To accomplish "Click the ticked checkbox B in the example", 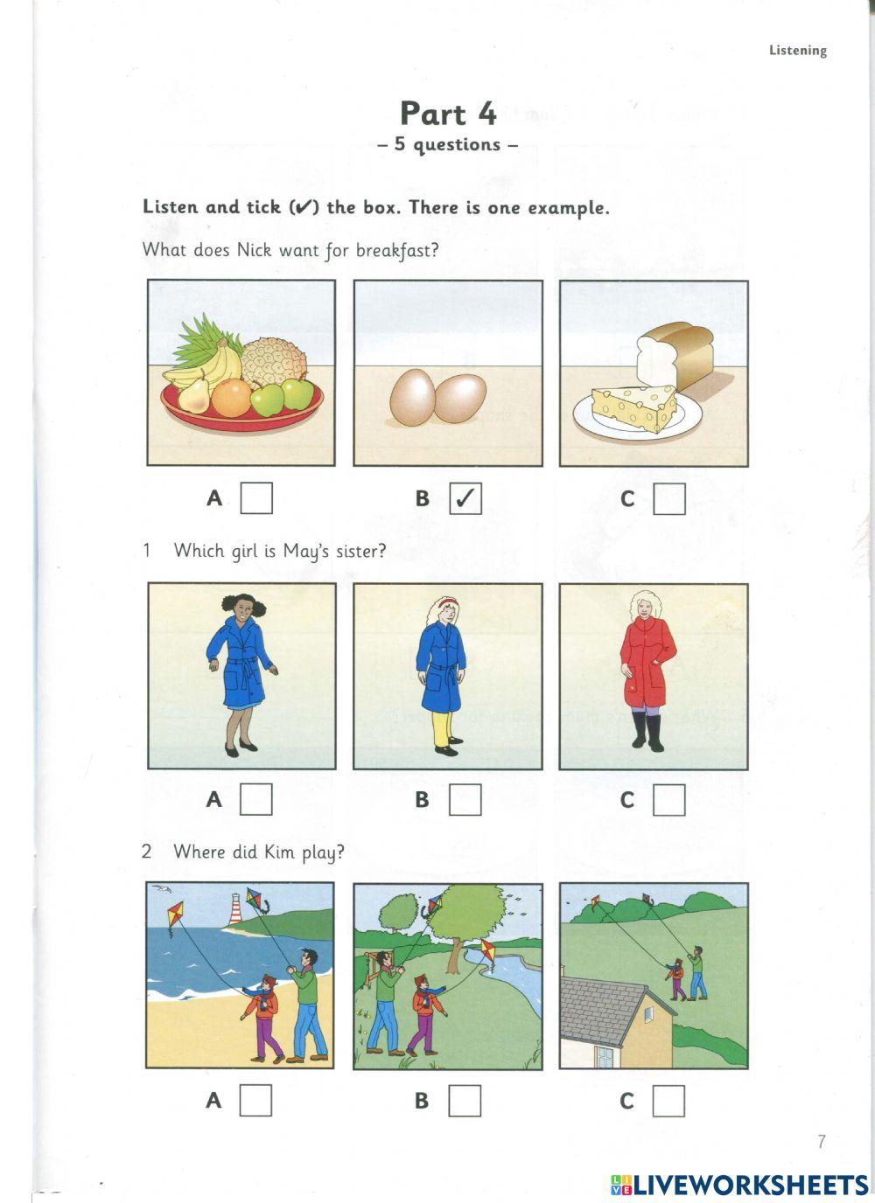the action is coord(465,498).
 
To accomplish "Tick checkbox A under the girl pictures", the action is coord(255,799).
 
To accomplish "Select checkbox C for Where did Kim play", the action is coord(669,1101).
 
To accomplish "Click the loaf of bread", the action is coord(675,354).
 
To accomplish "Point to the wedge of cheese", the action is coord(634,408).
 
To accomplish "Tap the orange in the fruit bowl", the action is coord(231,398).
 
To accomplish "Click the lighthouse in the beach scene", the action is coord(235,908).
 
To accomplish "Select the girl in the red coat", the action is coord(647,671).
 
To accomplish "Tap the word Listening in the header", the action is coord(798,51).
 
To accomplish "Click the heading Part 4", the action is coord(448,114).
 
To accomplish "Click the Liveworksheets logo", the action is coord(739,1185).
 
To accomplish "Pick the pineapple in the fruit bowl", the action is coord(274,358).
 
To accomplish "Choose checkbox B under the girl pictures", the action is coord(465,800).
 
